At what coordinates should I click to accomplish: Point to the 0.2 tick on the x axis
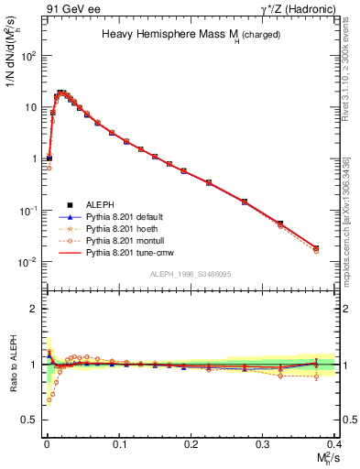point(191,443)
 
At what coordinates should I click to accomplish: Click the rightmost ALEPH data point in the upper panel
point(316,247)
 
